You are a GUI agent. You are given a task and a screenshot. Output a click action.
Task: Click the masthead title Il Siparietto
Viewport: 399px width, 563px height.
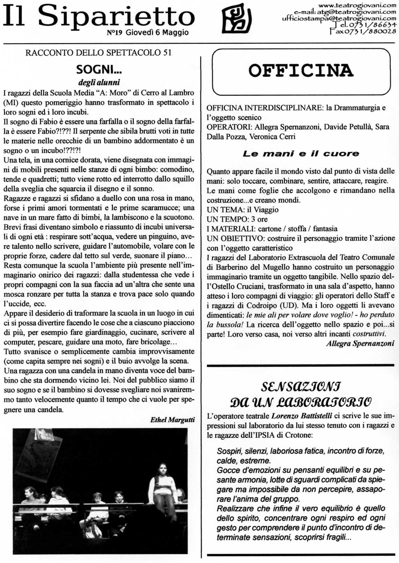tap(98, 16)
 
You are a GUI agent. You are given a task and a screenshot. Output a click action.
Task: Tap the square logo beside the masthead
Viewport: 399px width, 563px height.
tap(237, 21)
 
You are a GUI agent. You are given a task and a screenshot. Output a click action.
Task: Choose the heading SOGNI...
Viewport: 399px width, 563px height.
tap(99, 70)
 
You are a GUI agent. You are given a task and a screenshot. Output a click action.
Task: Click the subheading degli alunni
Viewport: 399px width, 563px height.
tap(99, 82)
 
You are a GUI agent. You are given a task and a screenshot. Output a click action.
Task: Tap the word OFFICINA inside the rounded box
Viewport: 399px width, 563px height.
tap(301, 71)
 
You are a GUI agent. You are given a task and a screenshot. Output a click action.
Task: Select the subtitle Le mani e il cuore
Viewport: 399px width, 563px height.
tap(301, 153)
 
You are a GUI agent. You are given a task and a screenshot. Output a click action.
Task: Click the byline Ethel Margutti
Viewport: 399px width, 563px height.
tap(172, 420)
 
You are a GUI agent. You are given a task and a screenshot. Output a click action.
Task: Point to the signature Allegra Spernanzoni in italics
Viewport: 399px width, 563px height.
tap(360, 344)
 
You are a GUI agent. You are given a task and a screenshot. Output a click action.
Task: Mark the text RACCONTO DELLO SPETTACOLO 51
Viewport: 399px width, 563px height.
tap(98, 53)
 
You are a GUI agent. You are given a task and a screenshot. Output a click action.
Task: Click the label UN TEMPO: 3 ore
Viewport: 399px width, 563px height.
tap(237, 219)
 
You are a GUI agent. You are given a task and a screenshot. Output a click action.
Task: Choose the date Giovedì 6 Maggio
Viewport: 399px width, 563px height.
tap(157, 33)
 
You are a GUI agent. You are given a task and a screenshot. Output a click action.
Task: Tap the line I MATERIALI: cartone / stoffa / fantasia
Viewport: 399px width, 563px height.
tap(272, 229)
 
